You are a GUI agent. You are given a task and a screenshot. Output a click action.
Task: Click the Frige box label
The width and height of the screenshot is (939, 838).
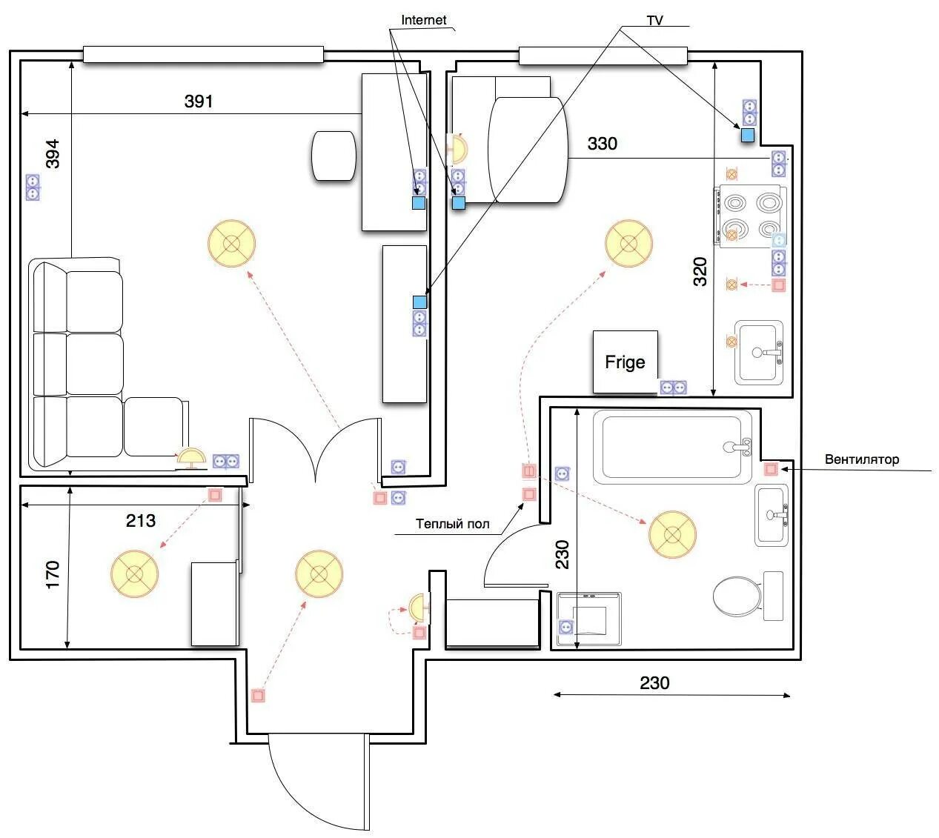[x=624, y=362]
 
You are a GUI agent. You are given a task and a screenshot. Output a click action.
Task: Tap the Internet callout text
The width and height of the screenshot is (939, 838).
[x=423, y=20]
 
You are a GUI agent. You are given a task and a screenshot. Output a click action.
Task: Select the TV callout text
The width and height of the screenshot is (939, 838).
[x=654, y=21]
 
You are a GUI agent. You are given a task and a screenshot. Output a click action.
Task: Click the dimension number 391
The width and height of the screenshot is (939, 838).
[x=199, y=101]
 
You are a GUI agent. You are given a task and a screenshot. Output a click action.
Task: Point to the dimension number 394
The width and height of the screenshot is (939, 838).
[x=53, y=153]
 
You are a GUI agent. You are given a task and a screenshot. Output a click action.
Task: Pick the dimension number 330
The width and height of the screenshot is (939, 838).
[x=602, y=143]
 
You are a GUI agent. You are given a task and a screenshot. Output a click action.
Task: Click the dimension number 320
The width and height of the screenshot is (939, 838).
[x=700, y=272]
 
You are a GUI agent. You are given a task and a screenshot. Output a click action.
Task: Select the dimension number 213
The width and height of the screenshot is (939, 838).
[x=140, y=520]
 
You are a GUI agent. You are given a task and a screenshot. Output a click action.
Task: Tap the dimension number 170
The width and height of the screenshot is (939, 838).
[x=53, y=575]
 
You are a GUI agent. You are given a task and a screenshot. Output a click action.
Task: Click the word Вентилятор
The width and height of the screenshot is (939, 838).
[x=862, y=459]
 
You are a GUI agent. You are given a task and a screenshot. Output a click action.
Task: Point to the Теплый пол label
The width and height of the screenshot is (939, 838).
[x=452, y=524]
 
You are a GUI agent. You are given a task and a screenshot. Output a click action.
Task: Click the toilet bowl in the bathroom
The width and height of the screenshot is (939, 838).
[x=737, y=596]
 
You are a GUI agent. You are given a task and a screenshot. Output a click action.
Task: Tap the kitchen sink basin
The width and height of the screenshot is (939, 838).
[x=759, y=352]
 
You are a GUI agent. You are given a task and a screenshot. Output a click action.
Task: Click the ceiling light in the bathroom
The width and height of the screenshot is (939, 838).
[x=672, y=535]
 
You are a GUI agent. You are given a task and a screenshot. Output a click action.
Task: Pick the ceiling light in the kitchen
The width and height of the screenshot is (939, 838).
[x=628, y=243]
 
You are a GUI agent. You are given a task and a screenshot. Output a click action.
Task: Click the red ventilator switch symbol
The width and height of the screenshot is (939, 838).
[x=770, y=469]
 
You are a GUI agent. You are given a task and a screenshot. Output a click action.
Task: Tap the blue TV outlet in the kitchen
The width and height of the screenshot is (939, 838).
[x=747, y=136]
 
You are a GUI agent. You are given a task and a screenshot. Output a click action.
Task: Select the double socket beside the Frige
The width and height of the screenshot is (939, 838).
[x=673, y=388]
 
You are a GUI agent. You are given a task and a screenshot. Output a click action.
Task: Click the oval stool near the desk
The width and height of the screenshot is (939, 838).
[x=334, y=156]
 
